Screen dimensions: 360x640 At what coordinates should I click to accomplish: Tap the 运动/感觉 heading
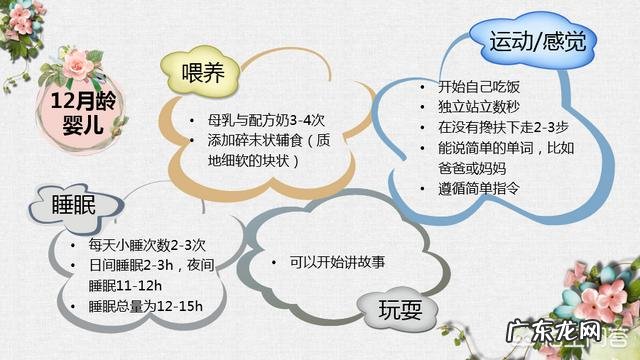coord(538,41)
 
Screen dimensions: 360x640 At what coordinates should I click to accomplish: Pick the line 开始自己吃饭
coord(479,87)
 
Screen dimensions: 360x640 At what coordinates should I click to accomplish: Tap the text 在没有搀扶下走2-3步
coord(501,128)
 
